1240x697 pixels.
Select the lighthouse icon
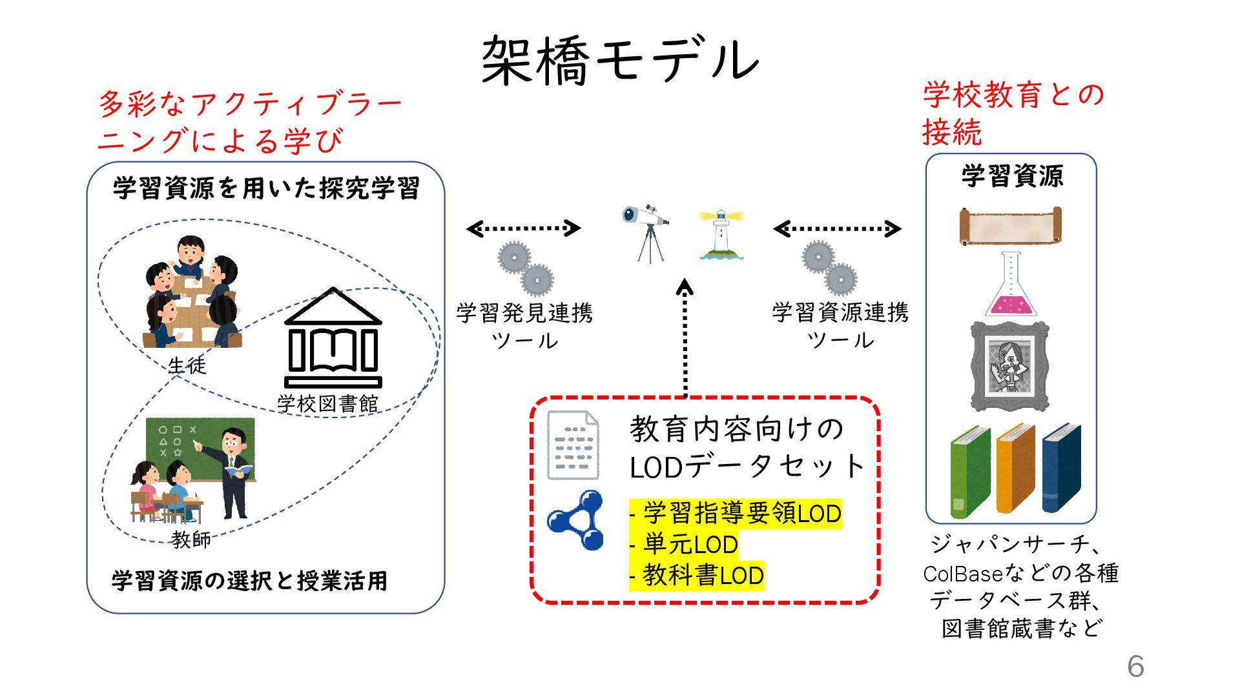pyautogui.click(x=721, y=234)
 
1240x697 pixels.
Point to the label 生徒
pyautogui.click(x=187, y=365)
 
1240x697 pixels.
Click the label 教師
pyautogui.click(x=191, y=540)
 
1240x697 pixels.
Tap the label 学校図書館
pyautogui.click(x=327, y=404)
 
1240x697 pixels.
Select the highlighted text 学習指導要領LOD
pyautogui.click(x=736, y=514)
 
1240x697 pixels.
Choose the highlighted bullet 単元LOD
pyautogui.click(x=685, y=545)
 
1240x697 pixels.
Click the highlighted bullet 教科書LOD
pyautogui.click(x=697, y=575)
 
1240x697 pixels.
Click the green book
pyautogui.click(x=970, y=471)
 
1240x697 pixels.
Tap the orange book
pyautogui.click(x=1015, y=468)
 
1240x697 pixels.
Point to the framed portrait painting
pyautogui.click(x=1009, y=366)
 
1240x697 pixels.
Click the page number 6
pyautogui.click(x=1135, y=666)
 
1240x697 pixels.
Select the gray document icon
pyautogui.click(x=573, y=446)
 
